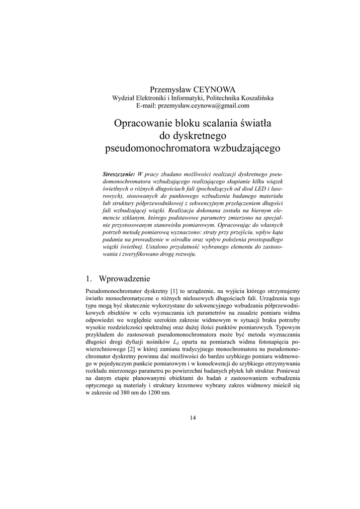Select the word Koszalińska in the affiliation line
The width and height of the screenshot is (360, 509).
[253, 97]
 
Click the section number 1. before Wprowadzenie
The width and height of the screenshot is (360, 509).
[90, 278]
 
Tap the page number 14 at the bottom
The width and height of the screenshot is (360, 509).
[193, 418]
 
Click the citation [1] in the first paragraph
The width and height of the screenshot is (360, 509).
[174, 290]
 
